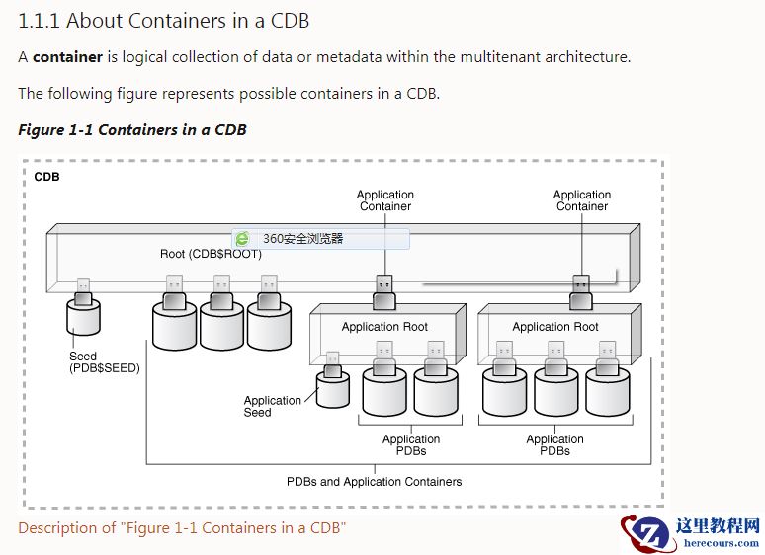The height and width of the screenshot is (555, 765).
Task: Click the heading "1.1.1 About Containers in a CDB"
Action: [x=171, y=20]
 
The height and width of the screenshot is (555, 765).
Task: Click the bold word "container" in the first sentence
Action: [x=67, y=57]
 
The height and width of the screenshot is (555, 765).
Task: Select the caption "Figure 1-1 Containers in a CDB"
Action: [x=132, y=130]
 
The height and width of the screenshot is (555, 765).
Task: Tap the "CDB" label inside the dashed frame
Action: [x=46, y=178]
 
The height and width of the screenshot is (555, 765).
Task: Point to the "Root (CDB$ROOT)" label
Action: [x=211, y=254]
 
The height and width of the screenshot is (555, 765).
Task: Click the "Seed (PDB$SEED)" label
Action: [x=104, y=362]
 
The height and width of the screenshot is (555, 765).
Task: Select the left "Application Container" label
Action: [x=385, y=200]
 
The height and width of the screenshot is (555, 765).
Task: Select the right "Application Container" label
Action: [x=582, y=200]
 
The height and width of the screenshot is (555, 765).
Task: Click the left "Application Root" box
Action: [x=384, y=327]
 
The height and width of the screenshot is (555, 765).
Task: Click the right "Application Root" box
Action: [x=555, y=327]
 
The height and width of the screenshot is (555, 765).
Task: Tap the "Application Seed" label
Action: [x=272, y=406]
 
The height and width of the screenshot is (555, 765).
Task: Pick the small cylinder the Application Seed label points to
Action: [x=333, y=388]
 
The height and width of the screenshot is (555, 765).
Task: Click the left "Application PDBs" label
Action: [x=411, y=445]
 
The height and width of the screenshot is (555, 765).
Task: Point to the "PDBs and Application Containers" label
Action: [x=374, y=482]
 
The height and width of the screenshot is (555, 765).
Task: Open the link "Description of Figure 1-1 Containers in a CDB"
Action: [x=182, y=528]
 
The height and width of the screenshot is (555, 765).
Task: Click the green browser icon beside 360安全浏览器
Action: [x=242, y=239]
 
